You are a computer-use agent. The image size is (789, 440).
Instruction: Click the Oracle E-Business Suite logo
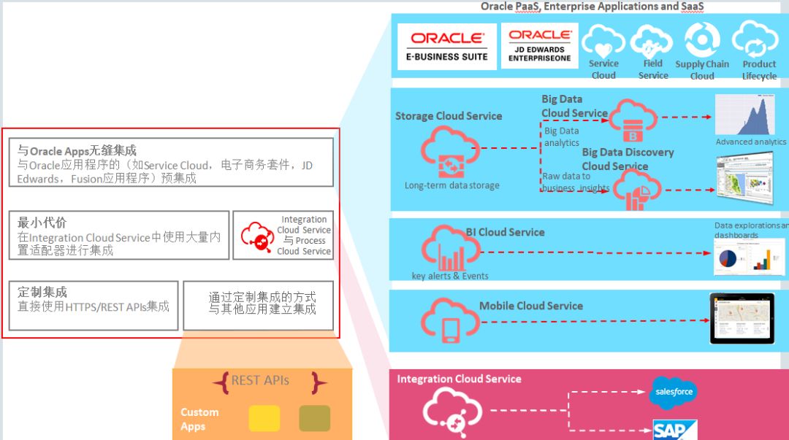click(447, 46)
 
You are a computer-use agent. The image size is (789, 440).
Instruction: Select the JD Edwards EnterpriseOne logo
click(540, 45)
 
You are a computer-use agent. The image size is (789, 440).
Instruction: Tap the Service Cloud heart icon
click(603, 41)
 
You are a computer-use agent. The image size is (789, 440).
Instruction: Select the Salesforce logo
click(673, 393)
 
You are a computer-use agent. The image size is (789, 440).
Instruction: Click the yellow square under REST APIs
click(264, 418)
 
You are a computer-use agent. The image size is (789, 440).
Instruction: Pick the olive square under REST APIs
click(315, 418)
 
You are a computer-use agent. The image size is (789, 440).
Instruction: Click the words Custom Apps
click(199, 420)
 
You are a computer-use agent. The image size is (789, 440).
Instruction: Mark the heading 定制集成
click(42, 293)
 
